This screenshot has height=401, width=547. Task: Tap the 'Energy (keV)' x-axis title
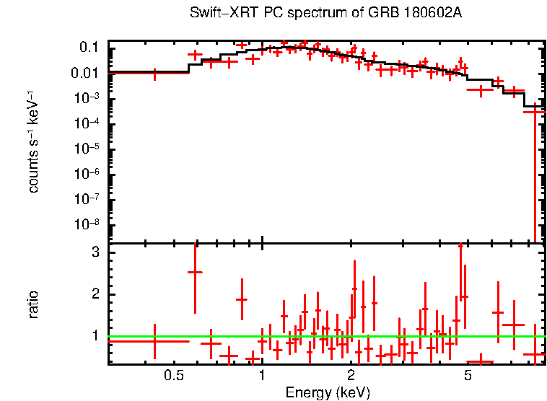click(328, 392)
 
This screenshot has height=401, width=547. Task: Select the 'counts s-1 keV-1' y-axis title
click(33, 141)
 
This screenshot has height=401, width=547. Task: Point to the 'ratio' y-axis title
click(33, 304)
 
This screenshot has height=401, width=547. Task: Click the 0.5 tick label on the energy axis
click(172, 375)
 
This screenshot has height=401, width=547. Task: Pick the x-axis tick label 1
click(262, 375)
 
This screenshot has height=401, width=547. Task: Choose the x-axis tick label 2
click(351, 375)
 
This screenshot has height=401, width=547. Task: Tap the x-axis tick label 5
click(468, 375)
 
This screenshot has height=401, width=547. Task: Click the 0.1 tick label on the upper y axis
click(89, 48)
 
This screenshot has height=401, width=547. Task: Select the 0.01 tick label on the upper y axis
click(85, 73)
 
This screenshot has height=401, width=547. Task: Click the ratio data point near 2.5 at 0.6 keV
click(195, 272)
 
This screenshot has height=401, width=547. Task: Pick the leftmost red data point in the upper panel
click(154, 73)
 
